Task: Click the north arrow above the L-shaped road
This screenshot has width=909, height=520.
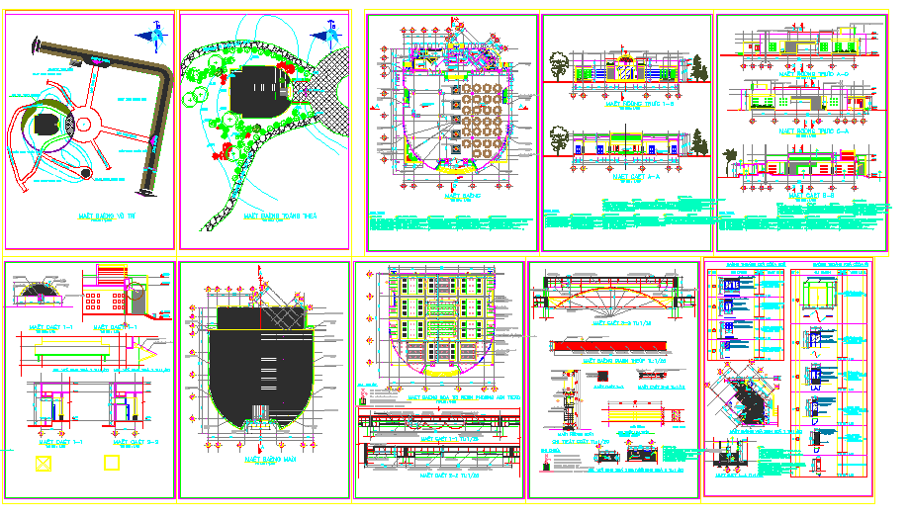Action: tap(155, 37)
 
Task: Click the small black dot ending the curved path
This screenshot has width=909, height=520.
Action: tap(86, 174)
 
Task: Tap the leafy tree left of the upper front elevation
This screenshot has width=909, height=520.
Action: tap(558, 65)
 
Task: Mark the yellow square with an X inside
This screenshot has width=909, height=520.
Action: tap(43, 463)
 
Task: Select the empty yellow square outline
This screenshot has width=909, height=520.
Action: tap(112, 461)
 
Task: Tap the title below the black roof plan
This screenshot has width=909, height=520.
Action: tap(262, 460)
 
